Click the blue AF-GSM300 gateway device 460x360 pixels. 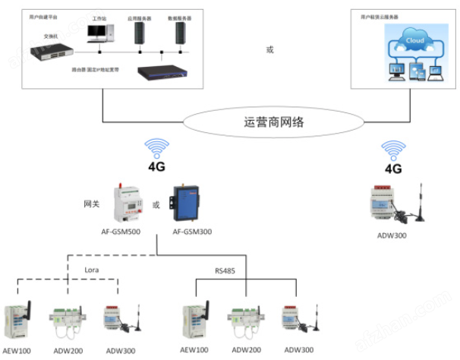185,202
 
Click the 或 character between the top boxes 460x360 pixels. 269,50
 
